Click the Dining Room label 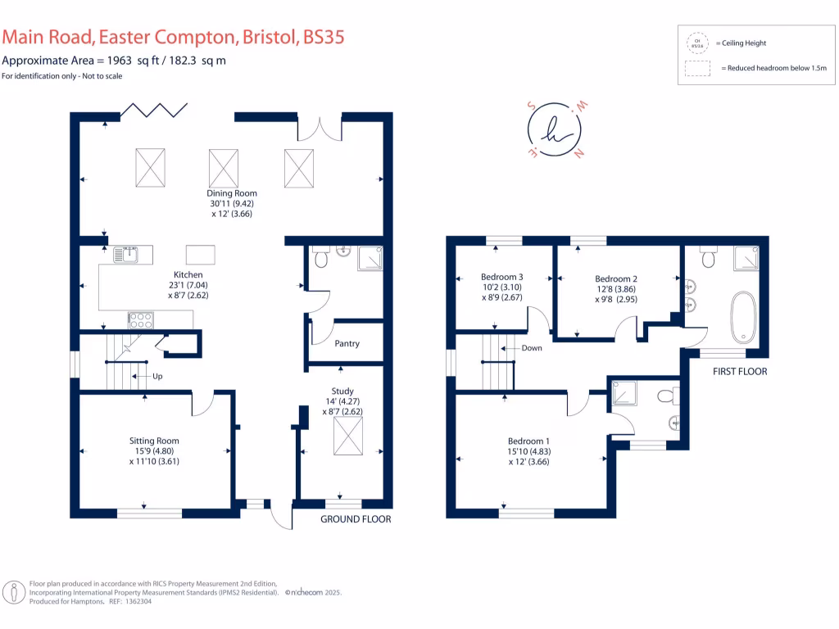(231, 193)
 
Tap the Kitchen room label (188, 274)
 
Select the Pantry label (347, 344)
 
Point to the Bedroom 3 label (501, 277)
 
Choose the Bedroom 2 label (616, 278)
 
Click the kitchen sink (128, 253)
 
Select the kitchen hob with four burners (140, 319)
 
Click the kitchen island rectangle (201, 254)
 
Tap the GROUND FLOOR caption (356, 519)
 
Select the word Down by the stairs (532, 348)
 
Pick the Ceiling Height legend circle (698, 43)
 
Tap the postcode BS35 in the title (324, 37)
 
